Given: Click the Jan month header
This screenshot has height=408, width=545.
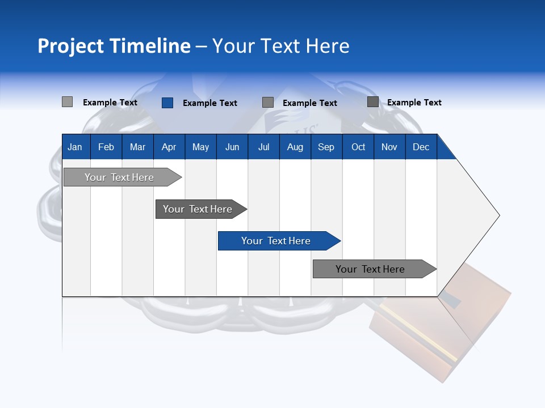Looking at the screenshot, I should [75, 147].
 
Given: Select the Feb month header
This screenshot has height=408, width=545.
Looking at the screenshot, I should [106, 147].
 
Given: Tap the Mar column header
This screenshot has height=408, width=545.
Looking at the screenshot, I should [137, 147].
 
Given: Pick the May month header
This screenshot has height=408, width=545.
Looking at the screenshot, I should [200, 147].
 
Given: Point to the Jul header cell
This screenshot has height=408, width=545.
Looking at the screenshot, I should [263, 147].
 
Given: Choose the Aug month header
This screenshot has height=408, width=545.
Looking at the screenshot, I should [295, 147].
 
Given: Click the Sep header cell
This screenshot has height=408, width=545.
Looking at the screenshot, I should [326, 147].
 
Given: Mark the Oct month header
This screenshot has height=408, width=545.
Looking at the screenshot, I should [358, 147].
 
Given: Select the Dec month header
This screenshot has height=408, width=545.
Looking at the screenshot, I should [421, 147].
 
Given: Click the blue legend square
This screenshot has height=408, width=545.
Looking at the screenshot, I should [167, 103].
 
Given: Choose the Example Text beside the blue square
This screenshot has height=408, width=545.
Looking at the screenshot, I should [209, 103].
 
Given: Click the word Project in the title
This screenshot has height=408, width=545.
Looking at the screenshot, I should [71, 46].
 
